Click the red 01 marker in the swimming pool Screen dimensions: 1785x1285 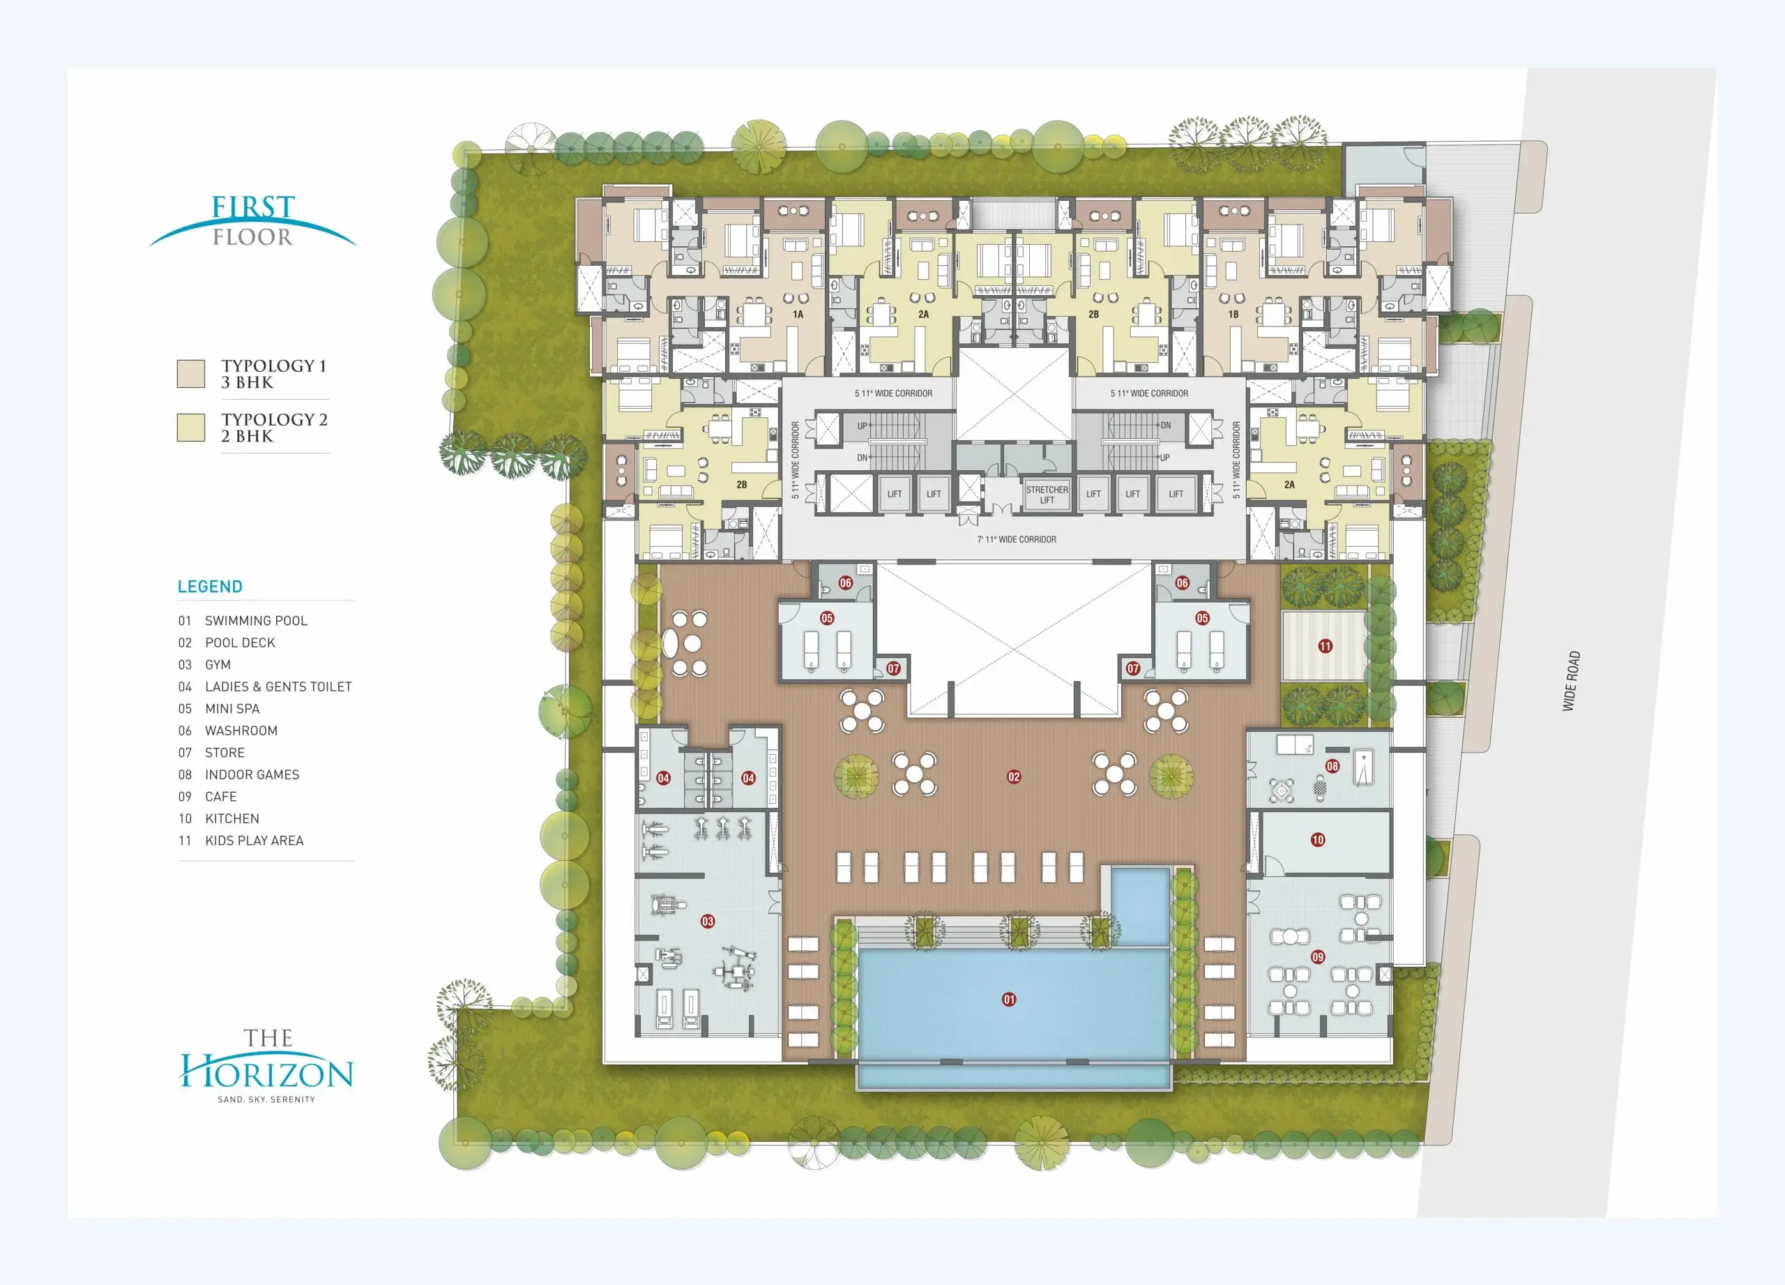[x=1009, y=999]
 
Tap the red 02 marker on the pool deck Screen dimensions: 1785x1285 [x=1014, y=776]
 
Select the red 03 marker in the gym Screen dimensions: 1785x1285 [x=708, y=922]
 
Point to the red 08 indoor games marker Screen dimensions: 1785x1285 [x=1332, y=766]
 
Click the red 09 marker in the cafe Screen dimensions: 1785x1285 [x=1318, y=956]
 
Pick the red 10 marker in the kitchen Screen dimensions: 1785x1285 [x=1318, y=840]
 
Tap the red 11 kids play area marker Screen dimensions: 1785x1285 [x=1326, y=647]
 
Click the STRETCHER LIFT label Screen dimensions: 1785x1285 [x=1047, y=495]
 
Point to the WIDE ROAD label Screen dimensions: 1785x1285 [x=1571, y=681]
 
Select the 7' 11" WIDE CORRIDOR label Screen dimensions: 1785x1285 [x=1017, y=539]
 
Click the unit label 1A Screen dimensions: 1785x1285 [x=798, y=314]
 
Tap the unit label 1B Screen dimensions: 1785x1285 [x=1233, y=314]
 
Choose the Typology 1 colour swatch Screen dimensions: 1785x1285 [x=190, y=374]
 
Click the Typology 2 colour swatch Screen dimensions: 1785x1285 [x=190, y=428]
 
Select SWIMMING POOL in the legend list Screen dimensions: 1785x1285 [x=256, y=620]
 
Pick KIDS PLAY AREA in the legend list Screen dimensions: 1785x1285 [x=255, y=840]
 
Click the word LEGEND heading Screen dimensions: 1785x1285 [x=210, y=587]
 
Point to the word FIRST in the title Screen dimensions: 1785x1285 [x=253, y=207]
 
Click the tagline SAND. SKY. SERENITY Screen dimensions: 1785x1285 [x=266, y=1099]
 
